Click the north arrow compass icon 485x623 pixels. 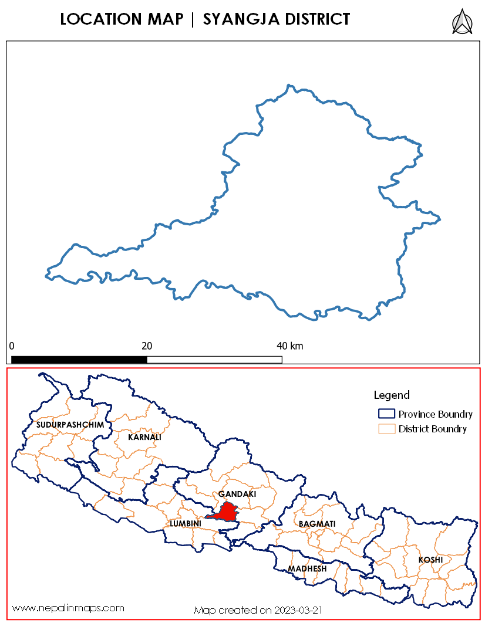pos(463,22)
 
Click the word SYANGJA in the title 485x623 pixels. pos(238,19)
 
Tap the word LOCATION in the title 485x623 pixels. pos(102,19)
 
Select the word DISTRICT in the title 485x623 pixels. pos(316,19)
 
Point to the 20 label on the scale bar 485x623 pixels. pos(147,346)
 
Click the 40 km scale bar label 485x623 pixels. pos(290,346)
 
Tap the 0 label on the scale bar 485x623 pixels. pos(12,346)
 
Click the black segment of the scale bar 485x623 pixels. pos(79,359)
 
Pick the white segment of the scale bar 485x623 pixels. pos(214,359)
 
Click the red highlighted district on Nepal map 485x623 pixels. pos(225,512)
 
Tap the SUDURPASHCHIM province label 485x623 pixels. pos(70,424)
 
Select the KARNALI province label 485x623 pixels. pos(144,437)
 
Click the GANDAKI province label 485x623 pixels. pos(237,494)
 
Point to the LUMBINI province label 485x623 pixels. pos(186,523)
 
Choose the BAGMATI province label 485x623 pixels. pos(317,523)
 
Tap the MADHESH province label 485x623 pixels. pos(307,568)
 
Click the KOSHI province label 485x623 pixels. pos(430,560)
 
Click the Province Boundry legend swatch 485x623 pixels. pos(385,414)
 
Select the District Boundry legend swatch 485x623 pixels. pos(385,429)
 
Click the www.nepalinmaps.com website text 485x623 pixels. pos(69,608)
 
